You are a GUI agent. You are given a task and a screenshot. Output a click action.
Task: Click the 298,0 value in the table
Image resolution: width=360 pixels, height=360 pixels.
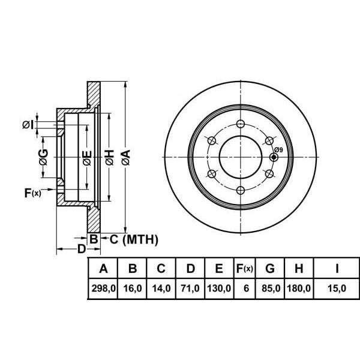point(104,288)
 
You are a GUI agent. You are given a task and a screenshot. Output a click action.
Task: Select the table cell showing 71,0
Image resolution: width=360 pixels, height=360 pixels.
point(190,288)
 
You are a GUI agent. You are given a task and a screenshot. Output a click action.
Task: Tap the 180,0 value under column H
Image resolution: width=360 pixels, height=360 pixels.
point(299,288)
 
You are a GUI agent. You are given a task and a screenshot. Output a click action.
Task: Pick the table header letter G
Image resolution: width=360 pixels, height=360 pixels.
point(270,268)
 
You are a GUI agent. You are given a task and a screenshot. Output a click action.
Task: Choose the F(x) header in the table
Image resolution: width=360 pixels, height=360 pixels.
point(245,268)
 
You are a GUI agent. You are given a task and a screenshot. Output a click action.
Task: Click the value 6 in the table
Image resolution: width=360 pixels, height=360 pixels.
point(246,288)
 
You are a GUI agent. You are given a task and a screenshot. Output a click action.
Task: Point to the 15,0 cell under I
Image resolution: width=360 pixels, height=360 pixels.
point(337,288)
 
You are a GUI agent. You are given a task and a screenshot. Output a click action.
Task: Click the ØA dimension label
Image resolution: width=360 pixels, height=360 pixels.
point(126,157)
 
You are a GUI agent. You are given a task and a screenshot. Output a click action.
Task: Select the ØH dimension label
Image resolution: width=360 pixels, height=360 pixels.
point(110,157)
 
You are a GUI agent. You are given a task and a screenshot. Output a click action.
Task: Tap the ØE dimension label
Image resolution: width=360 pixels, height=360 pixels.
point(87,158)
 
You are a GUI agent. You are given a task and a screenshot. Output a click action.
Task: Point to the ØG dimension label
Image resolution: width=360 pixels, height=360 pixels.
point(43,157)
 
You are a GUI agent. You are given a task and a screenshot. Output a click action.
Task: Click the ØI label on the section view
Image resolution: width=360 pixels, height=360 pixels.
point(28,125)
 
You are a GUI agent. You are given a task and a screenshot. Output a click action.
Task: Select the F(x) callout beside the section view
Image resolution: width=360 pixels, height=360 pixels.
point(32,193)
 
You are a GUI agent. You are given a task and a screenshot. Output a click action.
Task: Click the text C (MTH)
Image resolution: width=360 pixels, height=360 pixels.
point(134,239)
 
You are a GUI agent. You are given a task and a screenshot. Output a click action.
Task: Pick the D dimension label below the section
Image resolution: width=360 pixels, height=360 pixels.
point(81,249)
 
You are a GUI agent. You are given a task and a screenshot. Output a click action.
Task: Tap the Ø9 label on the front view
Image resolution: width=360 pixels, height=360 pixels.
point(278,150)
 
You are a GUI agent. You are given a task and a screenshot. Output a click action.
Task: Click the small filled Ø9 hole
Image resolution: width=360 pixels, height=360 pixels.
point(274,157)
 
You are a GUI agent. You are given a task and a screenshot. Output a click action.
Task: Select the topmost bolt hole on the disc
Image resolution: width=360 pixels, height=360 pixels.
point(241,124)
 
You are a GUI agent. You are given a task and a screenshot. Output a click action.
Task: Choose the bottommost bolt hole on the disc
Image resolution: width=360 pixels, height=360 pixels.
point(241,190)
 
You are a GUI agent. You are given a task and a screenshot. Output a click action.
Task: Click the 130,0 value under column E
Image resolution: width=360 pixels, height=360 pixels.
point(219,288)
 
